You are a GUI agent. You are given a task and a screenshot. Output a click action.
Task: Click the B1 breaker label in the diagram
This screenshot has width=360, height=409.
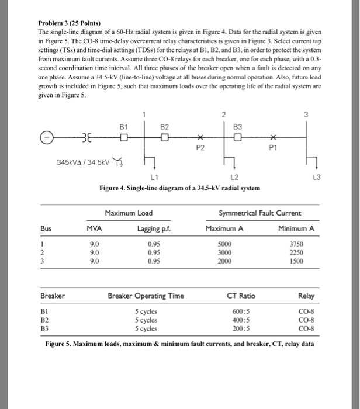pyautogui.click(x=123, y=126)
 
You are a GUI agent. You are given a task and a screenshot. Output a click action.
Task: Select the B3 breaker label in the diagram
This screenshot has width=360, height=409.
pyautogui.click(x=237, y=126)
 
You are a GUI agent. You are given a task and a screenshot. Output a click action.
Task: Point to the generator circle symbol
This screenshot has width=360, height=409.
pyautogui.click(x=45, y=138)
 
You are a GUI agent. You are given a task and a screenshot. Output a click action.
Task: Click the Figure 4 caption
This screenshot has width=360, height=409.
pyautogui.click(x=179, y=187)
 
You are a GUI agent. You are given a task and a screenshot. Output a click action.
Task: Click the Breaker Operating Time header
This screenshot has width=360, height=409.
pyautogui.click(x=146, y=296)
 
